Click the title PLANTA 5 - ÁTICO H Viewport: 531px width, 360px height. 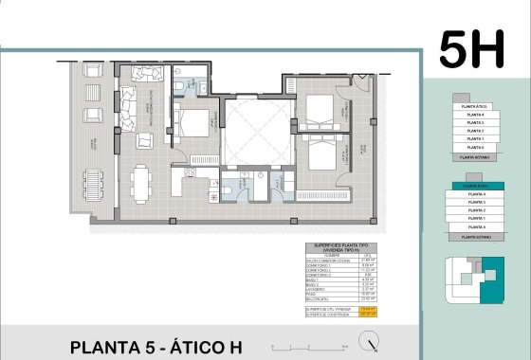click(156, 346)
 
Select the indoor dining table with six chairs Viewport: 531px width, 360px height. click(142, 179)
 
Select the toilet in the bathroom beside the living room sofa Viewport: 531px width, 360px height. click(180, 88)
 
